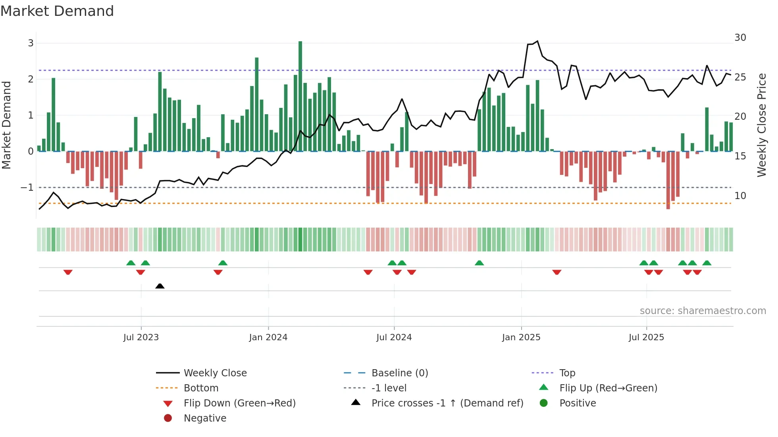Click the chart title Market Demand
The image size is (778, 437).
57,11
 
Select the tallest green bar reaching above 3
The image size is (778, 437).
300,95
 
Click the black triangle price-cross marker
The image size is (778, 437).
160,286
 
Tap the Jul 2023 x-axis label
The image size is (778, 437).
141,337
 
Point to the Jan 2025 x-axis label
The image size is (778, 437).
521,337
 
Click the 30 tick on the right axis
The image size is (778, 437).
740,38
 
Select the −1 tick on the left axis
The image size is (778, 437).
27,187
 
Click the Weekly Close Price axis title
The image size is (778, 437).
761,125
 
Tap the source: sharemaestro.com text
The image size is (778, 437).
703,310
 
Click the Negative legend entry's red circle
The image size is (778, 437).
168,418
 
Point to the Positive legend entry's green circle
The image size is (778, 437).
544,403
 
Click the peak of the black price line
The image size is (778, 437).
537,41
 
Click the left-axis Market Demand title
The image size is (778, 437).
6,125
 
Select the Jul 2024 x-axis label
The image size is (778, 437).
394,337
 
